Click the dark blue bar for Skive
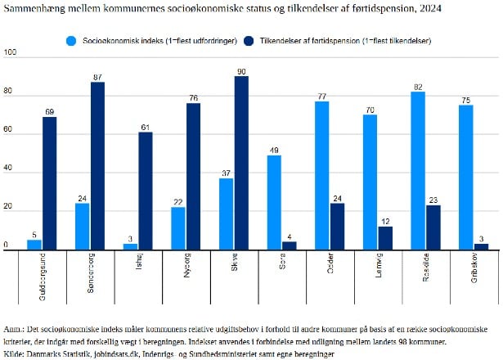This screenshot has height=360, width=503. pyautogui.click(x=241, y=164)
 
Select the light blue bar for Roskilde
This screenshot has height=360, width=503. pyautogui.click(x=417, y=171)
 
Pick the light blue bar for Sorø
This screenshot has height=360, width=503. pyautogui.click(x=273, y=203)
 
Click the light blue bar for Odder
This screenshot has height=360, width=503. pyautogui.click(x=321, y=176)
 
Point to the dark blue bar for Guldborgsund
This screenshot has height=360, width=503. pyautogui.click(x=49, y=183)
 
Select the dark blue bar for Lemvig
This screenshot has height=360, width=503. pyautogui.click(x=385, y=238)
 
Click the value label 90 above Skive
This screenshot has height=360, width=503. pyautogui.click(x=241, y=71)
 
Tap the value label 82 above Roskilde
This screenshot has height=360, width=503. pyautogui.click(x=417, y=87)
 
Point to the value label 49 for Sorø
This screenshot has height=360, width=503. pyautogui.click(x=273, y=150)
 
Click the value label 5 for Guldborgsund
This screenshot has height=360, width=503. pyautogui.click(x=34, y=234)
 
